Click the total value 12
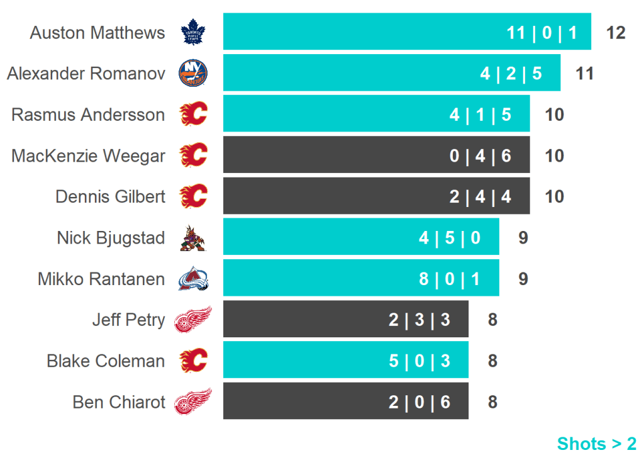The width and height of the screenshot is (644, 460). coord(616,33)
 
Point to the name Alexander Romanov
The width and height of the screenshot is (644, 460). coord(86,74)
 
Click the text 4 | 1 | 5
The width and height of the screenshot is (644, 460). coord(480,115)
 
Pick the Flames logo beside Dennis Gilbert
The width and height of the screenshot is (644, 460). coord(193,196)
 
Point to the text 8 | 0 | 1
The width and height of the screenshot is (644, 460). coord(450,279)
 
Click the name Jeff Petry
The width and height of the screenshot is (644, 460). coord(128,320)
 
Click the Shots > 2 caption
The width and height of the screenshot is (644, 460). coord(597,444)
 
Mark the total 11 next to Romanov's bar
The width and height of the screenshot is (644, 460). coord(585,74)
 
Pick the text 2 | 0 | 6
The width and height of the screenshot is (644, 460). coord(419,402)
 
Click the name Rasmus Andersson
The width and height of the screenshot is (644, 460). coord(88,115)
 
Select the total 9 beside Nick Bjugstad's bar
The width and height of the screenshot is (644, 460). coord(523,238)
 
